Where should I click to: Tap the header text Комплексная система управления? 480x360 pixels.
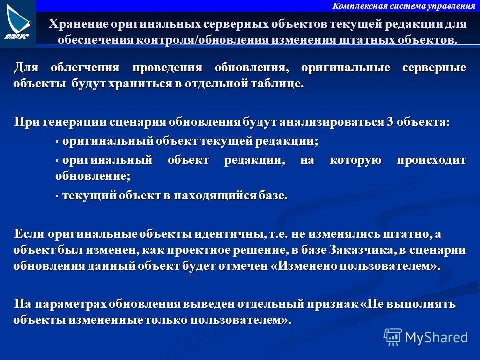click(403, 6)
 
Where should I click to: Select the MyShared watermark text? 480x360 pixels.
click(436, 337)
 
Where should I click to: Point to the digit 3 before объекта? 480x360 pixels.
click(389, 122)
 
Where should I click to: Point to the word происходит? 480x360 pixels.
click(431, 160)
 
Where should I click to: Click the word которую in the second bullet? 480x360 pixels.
click(355, 160)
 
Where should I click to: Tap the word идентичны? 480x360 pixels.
click(229, 234)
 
